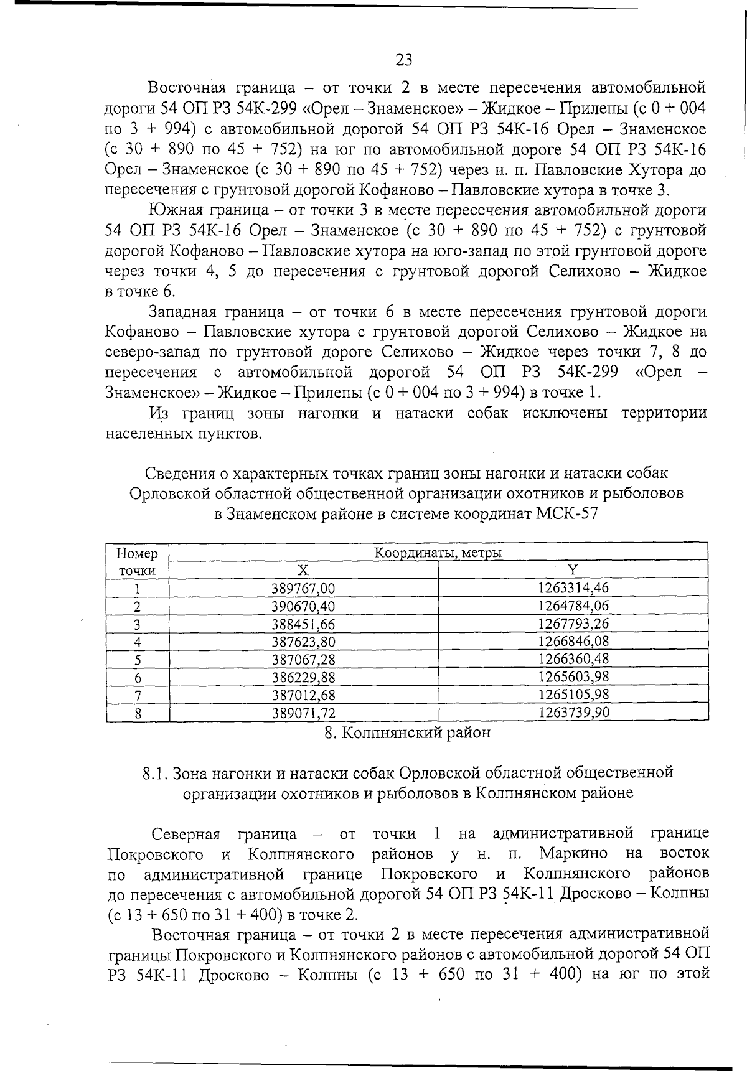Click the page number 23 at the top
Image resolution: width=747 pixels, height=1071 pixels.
(403, 60)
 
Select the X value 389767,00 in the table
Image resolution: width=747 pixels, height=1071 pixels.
(304, 588)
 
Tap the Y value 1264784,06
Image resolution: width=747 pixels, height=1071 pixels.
(573, 606)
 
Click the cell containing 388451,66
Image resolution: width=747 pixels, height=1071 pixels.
(304, 624)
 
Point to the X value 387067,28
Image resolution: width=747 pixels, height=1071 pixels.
(304, 659)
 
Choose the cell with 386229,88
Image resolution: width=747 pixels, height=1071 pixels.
(304, 676)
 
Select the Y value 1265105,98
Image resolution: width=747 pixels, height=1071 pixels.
(573, 695)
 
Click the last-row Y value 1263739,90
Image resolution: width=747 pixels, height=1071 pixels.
(573, 712)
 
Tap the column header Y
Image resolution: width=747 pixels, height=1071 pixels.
(573, 569)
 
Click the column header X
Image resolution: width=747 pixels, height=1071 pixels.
(303, 570)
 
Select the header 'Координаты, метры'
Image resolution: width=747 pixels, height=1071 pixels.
(438, 552)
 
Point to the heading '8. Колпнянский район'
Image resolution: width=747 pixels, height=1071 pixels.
(407, 733)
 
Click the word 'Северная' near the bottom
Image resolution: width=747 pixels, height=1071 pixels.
(186, 833)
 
